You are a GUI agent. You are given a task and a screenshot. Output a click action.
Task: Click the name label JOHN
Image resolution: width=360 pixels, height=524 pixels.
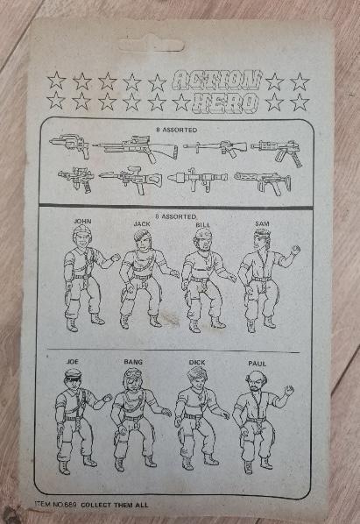82,221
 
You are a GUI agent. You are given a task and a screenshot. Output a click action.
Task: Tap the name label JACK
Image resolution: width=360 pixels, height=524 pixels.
142,223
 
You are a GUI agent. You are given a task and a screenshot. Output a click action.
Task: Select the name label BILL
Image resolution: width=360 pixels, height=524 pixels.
203,225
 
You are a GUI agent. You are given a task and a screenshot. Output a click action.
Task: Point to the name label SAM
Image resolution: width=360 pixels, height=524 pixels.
262,224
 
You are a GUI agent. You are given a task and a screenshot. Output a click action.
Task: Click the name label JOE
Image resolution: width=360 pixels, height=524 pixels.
73,362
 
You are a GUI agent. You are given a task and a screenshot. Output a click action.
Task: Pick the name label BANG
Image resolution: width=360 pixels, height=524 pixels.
133,362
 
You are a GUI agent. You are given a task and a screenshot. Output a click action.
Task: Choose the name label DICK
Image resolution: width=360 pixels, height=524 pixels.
197,362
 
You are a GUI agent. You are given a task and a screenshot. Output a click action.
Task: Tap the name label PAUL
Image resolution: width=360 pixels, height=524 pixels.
258,364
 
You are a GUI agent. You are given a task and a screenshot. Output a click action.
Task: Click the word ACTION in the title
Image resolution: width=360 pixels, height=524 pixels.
218,81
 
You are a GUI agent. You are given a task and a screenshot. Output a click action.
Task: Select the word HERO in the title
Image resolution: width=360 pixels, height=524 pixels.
226,103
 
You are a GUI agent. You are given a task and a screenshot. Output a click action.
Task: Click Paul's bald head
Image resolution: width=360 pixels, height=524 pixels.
257,376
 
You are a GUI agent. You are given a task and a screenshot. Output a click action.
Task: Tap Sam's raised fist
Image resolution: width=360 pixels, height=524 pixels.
295,250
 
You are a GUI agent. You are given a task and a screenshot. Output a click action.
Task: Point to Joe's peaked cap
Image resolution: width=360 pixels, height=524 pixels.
73,373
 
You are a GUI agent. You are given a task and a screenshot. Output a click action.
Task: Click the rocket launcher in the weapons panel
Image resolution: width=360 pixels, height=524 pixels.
197,178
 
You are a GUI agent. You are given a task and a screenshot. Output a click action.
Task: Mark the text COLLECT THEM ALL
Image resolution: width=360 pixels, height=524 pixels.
115,505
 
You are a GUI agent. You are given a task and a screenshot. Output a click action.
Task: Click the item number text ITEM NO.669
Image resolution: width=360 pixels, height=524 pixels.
56,504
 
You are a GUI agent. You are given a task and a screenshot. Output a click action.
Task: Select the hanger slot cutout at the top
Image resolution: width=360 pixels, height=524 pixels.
152,45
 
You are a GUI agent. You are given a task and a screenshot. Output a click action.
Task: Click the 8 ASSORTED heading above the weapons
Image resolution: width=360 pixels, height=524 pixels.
177,130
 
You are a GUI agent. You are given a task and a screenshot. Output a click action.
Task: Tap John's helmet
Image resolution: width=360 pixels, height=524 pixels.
81,230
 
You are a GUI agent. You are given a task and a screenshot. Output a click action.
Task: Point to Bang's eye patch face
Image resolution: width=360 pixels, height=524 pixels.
134,379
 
